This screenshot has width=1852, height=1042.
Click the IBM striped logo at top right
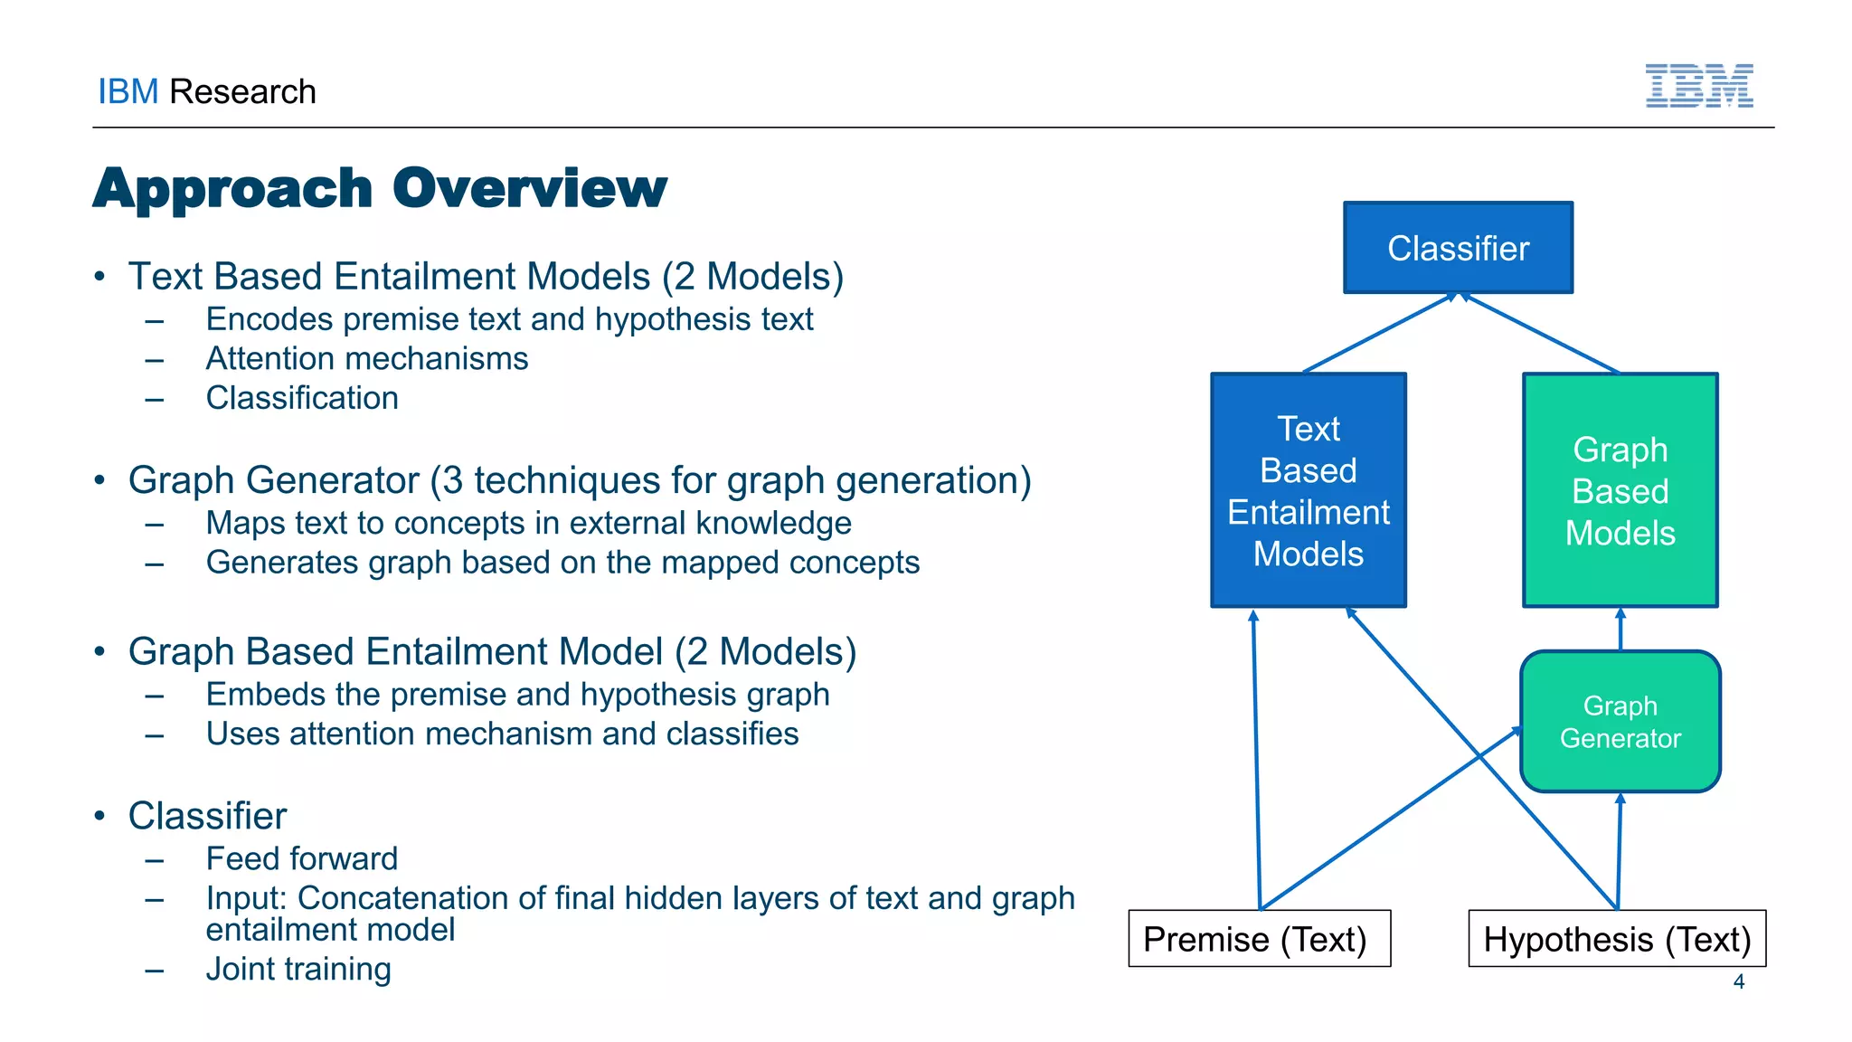point(1698,86)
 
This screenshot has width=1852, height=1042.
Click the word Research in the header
point(242,92)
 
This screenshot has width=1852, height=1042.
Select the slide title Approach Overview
point(380,188)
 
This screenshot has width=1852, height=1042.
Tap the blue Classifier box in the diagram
point(1458,248)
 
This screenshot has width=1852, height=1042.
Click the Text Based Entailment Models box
point(1308,490)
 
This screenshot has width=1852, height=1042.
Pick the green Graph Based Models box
point(1620,490)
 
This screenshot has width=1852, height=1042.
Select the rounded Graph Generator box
point(1620,722)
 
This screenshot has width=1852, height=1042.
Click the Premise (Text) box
point(1259,939)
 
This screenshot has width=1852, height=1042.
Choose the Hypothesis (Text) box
point(1617,939)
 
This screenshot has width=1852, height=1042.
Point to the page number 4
point(1738,981)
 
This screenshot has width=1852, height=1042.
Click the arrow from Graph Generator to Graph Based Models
point(1620,630)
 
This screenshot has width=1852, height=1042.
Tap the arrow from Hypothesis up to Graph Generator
point(1619,850)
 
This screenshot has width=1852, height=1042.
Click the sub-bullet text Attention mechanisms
point(366,359)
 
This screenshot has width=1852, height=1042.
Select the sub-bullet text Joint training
point(298,969)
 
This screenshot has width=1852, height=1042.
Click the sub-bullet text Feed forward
point(301,858)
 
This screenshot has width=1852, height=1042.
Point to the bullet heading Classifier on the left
point(207,816)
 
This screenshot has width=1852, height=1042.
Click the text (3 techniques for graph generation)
point(731,480)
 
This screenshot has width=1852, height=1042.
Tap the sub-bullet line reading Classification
point(301,398)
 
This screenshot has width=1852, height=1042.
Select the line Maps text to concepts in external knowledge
point(528,523)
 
